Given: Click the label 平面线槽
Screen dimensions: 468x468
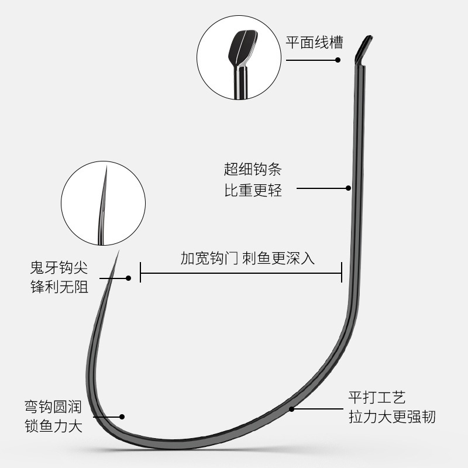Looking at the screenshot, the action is [x=314, y=43].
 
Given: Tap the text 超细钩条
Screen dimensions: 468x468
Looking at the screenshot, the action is [x=253, y=170].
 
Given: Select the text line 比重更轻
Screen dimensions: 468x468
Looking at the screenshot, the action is [x=253, y=190].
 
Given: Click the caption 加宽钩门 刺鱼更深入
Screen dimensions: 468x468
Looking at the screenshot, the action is [x=247, y=258].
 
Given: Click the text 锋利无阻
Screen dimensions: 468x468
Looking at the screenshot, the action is [x=58, y=288].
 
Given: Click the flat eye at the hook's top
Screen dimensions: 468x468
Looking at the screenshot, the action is [x=364, y=49].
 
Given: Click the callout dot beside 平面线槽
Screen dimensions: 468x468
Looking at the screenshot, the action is [x=338, y=60].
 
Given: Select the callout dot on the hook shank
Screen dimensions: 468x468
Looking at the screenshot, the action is [x=348, y=188].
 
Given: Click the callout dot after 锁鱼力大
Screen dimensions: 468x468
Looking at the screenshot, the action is [x=122, y=417].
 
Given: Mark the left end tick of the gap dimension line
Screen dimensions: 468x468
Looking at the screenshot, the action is [x=140, y=273].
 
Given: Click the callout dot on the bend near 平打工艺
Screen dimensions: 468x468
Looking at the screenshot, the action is [x=291, y=409].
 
